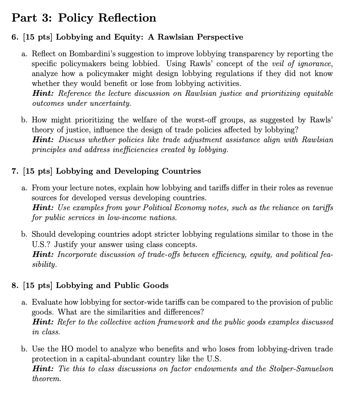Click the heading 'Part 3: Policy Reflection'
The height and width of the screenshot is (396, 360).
(x=84, y=18)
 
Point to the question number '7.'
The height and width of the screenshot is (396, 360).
(x=15, y=171)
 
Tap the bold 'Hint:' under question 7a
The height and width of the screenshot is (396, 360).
(x=44, y=208)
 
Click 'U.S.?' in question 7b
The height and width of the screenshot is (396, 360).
(x=41, y=244)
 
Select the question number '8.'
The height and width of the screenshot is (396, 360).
(x=15, y=285)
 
